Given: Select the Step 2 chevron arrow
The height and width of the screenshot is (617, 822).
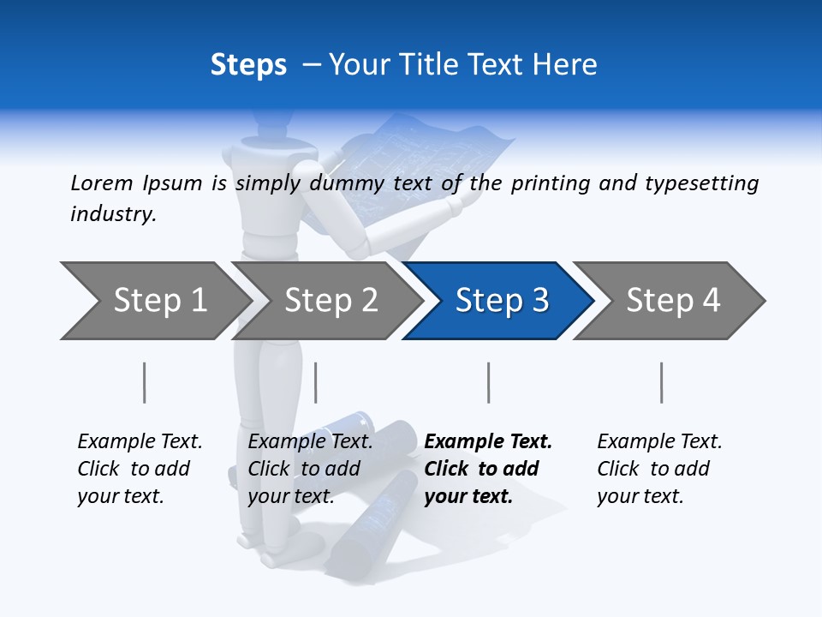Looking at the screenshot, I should (x=330, y=301).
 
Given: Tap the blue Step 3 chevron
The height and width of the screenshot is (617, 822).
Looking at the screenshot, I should (x=501, y=301).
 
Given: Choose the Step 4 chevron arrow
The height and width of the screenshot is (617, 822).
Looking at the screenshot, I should (x=672, y=301).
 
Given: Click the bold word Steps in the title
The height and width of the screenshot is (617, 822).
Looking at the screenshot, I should (x=248, y=65).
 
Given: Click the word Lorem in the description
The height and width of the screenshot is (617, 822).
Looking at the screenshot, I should (x=101, y=183).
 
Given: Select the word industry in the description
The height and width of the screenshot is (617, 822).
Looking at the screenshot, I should (x=113, y=214).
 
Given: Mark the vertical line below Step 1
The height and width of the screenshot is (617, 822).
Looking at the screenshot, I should (x=145, y=382).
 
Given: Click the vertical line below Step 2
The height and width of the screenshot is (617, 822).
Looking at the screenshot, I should (x=316, y=382).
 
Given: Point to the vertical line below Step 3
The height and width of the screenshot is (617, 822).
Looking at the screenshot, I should (x=489, y=382).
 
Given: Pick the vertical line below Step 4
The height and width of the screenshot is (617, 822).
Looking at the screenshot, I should (x=662, y=382).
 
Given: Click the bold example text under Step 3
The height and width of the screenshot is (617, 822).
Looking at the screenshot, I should (x=488, y=469).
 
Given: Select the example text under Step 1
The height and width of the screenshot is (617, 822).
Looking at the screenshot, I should (x=140, y=469).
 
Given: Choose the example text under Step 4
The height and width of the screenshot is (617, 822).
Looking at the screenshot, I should (x=659, y=469).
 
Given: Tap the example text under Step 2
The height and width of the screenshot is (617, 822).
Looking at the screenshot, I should (x=310, y=469).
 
